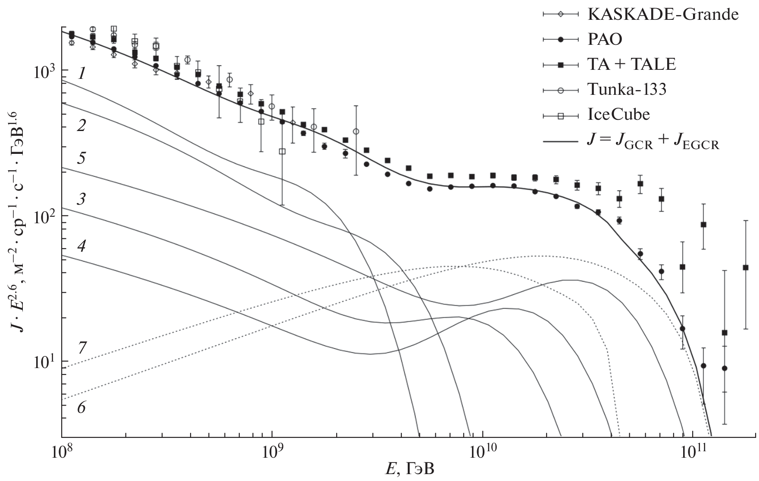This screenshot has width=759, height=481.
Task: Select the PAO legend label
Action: pyautogui.click(x=605, y=40)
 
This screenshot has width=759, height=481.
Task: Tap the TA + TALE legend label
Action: pyautogui.click(x=632, y=65)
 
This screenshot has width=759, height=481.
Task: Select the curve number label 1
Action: pyautogui.click(x=81, y=74)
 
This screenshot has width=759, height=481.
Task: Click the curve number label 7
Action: pyautogui.click(x=81, y=347)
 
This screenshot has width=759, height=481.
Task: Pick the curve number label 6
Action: pyautogui.click(x=81, y=407)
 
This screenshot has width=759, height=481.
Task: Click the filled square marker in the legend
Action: pyautogui.click(x=560, y=65)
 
